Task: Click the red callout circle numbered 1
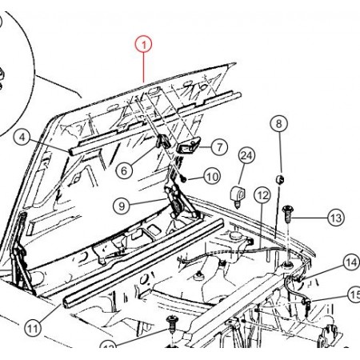coord(143,45)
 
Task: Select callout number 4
coord(22,138)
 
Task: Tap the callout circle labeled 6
coord(124,170)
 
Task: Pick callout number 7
coord(219,147)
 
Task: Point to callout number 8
coord(278,124)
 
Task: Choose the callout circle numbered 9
coord(122,206)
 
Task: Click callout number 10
coord(212,177)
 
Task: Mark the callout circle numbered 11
coord(33,328)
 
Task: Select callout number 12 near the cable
coord(262,195)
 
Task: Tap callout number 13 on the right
coord(336,218)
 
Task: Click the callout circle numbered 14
coord(351,263)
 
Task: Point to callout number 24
coord(246,155)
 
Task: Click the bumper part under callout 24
coord(238,197)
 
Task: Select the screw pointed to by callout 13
coord(288,214)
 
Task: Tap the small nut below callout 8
coord(279,180)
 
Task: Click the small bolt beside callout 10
coord(183,179)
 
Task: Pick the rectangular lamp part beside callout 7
coord(188,145)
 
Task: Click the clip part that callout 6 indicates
coord(162,142)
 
